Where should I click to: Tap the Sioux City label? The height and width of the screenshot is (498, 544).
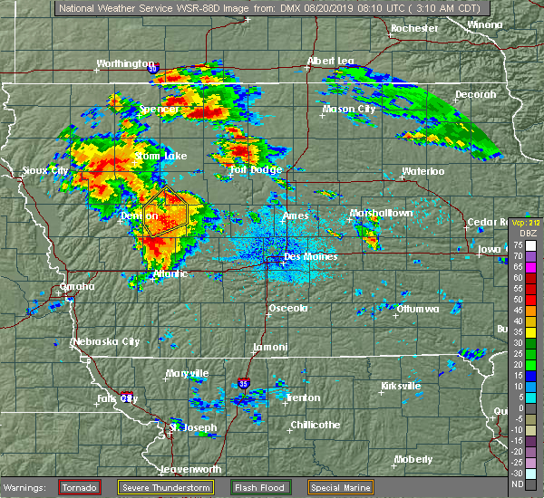[x=45, y=170]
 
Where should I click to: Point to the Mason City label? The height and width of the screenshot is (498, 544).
[x=349, y=110]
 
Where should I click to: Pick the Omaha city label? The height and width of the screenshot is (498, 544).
[x=77, y=286]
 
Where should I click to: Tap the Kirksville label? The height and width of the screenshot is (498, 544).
[x=401, y=386]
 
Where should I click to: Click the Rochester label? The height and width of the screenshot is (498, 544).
[x=414, y=28]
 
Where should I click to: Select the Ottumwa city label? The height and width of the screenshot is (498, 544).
[x=418, y=309]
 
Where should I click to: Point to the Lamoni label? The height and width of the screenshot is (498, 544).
[x=271, y=348]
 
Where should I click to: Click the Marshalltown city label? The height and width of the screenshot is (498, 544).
[x=382, y=214]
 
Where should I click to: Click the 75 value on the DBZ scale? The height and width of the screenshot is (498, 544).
[x=517, y=245]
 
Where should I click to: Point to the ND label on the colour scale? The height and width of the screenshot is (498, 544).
[x=517, y=484]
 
